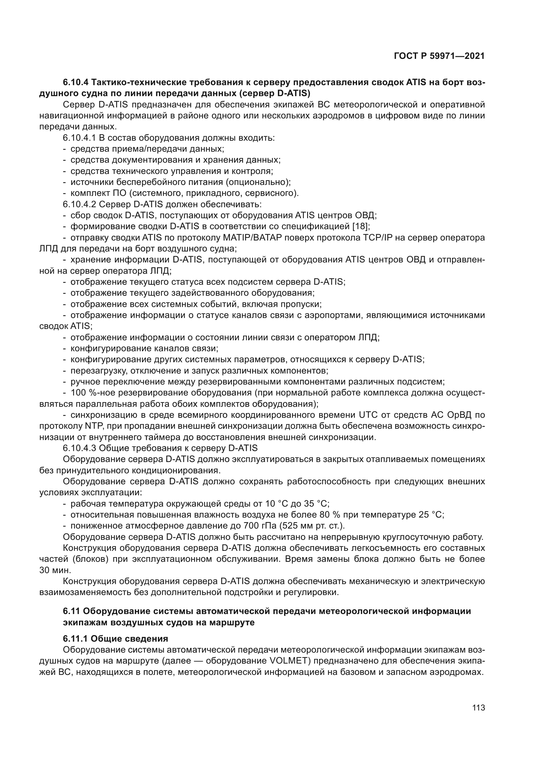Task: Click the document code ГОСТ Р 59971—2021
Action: (x=439, y=56)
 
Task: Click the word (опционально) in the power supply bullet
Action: (x=258, y=182)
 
